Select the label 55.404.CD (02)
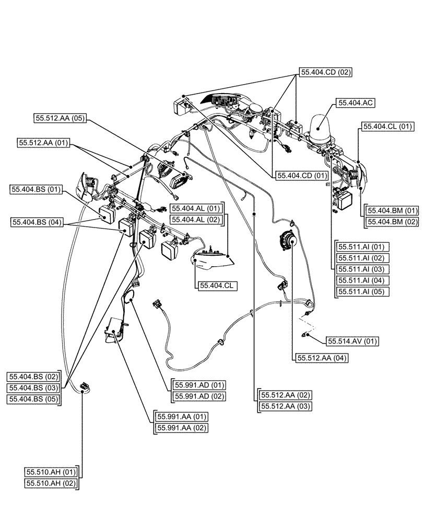325,73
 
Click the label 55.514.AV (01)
352,341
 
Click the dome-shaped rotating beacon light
322,129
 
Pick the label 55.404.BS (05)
34,399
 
